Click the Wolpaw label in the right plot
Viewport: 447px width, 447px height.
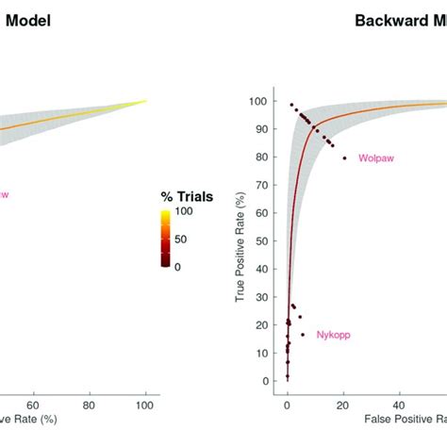(375, 158)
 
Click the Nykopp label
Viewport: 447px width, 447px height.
(332, 335)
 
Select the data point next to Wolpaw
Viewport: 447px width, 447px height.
(344, 157)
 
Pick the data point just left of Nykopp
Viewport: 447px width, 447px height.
(303, 335)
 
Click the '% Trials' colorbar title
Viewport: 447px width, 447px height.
(186, 196)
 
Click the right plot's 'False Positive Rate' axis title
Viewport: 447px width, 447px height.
(400, 416)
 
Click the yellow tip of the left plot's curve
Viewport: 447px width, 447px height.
(144, 101)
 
